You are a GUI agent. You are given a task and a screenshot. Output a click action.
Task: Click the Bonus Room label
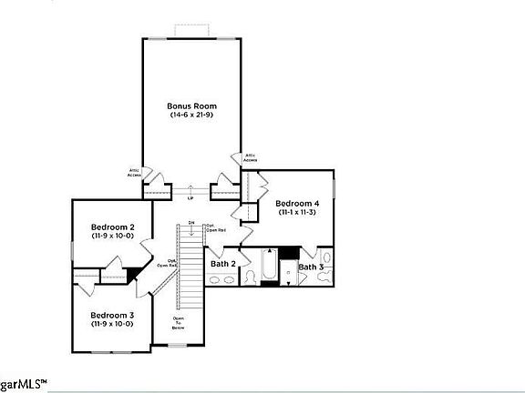click(191, 106)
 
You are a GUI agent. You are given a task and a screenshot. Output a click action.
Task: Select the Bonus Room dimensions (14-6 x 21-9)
click(191, 115)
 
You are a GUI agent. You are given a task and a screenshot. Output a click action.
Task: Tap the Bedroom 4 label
click(297, 203)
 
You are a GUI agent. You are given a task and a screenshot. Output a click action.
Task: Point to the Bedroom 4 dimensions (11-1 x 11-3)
click(297, 212)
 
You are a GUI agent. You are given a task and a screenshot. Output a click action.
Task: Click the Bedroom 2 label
click(113, 227)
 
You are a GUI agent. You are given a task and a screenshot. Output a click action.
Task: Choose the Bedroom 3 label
click(113, 315)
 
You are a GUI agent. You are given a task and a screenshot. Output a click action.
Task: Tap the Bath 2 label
click(223, 264)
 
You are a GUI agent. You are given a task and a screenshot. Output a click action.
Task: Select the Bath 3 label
click(311, 267)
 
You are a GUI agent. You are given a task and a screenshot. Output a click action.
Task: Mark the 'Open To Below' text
click(179, 324)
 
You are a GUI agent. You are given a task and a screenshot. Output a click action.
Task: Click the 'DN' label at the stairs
click(191, 223)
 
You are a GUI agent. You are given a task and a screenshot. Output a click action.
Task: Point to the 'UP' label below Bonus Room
click(190, 198)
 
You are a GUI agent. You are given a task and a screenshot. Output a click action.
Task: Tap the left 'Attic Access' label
click(133, 173)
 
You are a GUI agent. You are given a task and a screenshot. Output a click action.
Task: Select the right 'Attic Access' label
click(249, 157)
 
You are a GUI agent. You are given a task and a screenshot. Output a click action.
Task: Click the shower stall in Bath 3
click(290, 273)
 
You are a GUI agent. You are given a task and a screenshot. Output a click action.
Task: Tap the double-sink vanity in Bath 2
click(220, 281)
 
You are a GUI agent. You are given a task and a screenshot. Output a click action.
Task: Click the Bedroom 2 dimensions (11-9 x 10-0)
click(113, 236)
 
